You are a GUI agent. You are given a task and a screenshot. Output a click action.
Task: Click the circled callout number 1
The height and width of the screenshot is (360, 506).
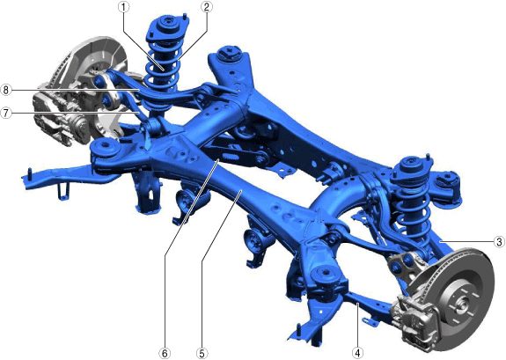tap(123, 8)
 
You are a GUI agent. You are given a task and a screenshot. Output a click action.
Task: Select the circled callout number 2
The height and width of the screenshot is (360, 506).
tap(207, 7)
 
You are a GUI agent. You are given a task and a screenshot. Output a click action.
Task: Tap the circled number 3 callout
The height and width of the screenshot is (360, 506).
tap(499, 241)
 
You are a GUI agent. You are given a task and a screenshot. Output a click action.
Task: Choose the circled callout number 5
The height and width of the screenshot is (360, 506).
tap(202, 353)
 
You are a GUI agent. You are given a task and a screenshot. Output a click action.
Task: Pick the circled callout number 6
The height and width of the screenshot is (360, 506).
tap(165, 353)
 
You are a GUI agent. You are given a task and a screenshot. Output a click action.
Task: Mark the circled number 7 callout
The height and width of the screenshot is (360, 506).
tap(6, 113)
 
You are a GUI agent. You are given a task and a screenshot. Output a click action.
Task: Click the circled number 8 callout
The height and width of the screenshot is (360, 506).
tap(6, 90)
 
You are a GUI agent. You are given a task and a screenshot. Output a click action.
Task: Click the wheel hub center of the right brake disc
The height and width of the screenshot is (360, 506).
tap(460, 304)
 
